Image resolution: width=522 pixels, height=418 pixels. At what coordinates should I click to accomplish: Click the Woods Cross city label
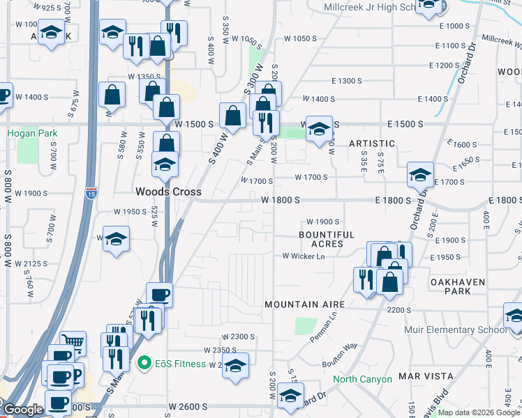[x=168, y=192]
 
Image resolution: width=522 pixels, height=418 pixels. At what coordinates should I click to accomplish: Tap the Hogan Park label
[x=32, y=132]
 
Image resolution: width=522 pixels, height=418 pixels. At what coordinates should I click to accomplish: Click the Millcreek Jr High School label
[x=371, y=8]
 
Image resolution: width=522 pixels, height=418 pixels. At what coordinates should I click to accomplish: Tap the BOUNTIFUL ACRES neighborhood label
[x=327, y=240]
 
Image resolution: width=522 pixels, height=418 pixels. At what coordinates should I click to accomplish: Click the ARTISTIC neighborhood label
[x=372, y=144]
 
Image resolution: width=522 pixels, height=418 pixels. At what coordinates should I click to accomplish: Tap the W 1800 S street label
[x=280, y=200]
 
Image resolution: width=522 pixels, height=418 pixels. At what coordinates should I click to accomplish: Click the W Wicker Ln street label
[x=304, y=256]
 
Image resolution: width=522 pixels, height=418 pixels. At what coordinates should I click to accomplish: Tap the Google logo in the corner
[x=23, y=410]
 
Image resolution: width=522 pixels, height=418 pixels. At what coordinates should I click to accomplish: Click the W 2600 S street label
[x=188, y=406]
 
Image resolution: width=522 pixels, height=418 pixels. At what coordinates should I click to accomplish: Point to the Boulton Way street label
[x=340, y=354]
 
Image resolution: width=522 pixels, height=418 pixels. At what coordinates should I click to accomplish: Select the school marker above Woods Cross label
[x=165, y=164]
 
